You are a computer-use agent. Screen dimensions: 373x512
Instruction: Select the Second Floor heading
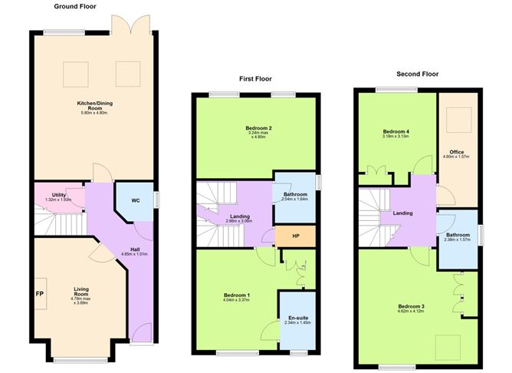tap(417, 74)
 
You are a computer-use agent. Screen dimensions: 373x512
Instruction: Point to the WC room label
tap(136, 201)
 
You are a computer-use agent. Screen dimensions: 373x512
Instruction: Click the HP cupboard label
tap(295, 236)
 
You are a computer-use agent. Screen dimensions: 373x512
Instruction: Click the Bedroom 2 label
tap(260, 127)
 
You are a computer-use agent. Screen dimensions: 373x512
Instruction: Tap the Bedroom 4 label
tap(396, 132)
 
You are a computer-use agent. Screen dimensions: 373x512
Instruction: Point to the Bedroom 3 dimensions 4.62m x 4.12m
tap(411, 312)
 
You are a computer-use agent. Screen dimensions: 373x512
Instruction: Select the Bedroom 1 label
tap(237, 295)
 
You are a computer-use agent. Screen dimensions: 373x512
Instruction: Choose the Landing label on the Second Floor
tap(402, 213)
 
